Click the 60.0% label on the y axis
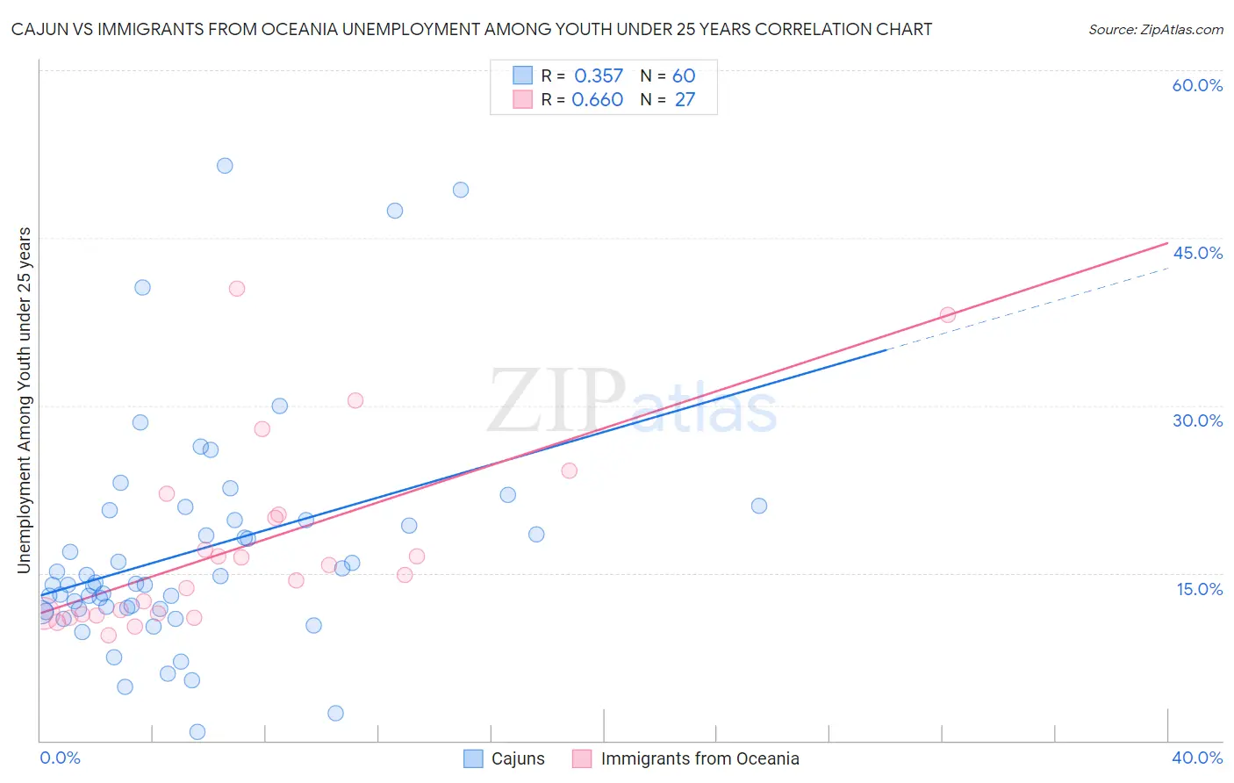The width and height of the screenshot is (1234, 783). point(1197,85)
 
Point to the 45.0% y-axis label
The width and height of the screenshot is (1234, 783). point(1197,253)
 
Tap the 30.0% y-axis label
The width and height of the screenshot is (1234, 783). point(1197,420)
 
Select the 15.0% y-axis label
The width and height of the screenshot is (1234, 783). point(1199,588)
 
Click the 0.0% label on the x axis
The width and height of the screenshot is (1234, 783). point(60,758)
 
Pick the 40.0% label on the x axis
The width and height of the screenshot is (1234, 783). point(1197,758)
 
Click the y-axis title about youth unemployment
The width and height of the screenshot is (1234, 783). point(25,400)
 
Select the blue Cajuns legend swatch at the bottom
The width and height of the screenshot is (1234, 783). point(473,758)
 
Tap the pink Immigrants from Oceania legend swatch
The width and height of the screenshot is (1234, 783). point(582,758)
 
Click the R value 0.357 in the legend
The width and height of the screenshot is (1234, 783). point(599,76)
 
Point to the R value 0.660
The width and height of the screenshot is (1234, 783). point(598,100)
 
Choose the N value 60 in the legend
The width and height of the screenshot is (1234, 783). point(684,76)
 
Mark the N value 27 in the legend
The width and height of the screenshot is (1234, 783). point(685,100)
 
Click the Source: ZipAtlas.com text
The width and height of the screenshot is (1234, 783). point(1155,30)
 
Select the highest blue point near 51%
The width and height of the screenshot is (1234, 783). point(225,166)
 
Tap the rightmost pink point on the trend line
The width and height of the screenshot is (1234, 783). point(948,315)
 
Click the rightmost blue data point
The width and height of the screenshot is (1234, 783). point(759,506)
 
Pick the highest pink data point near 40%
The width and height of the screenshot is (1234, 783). point(236,289)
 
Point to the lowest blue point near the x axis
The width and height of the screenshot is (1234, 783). point(197,732)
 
